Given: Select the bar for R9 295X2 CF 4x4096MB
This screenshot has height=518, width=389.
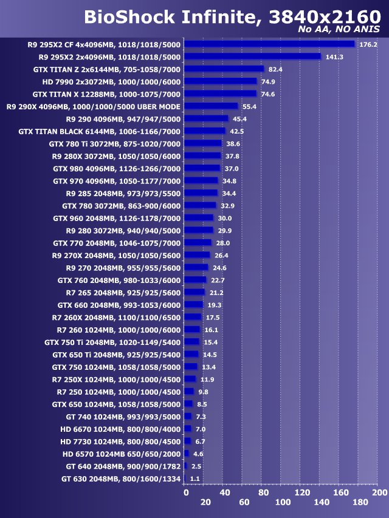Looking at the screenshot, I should point(269,44).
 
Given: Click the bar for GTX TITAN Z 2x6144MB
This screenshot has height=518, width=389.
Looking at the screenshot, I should point(224,69).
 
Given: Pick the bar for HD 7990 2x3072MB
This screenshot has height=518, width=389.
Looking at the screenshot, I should point(221,81).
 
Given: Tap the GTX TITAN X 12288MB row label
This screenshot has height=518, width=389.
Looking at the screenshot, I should point(106,94).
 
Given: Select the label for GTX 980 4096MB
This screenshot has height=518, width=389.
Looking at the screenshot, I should point(117,168).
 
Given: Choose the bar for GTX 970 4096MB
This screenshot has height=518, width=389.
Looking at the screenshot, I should point(201,180).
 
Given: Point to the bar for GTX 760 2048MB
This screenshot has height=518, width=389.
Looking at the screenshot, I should point(195,280).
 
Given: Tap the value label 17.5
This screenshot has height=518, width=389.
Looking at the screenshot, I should point(213,317).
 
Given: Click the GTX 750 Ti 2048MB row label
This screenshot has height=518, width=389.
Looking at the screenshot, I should point(112,342).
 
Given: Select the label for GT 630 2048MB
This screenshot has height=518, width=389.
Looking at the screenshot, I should point(121,479).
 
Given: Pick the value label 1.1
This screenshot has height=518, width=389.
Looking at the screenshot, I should point(195,479).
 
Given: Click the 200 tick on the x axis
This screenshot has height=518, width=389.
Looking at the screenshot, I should point(379,492).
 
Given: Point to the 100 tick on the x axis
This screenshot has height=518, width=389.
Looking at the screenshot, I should point(283,502).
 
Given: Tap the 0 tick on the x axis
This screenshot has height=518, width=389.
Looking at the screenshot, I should point(186,492).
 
